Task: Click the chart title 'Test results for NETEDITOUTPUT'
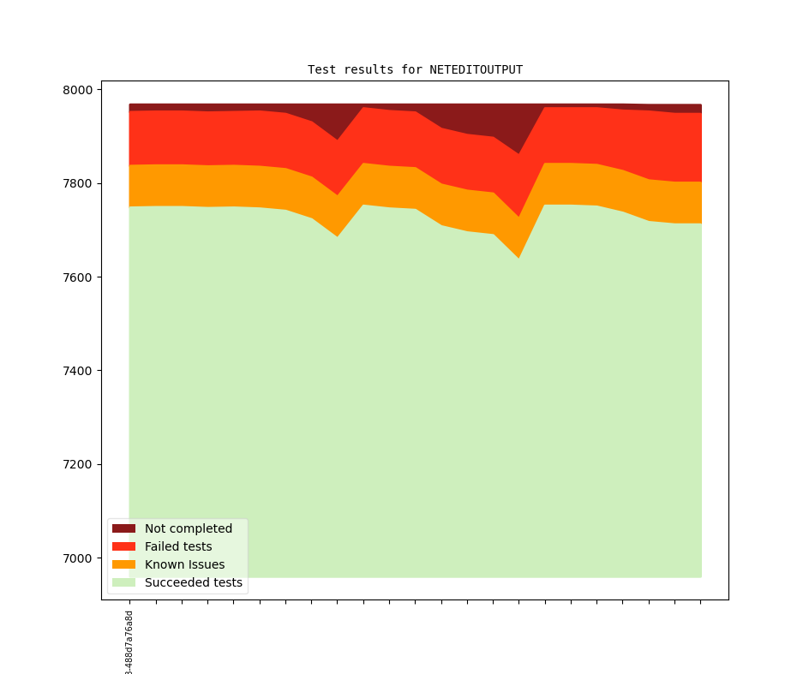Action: [x=415, y=69]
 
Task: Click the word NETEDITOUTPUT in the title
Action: [x=476, y=69]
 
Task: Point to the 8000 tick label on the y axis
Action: [x=80, y=90]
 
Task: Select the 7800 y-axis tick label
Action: [x=80, y=183]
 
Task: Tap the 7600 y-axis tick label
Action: [x=80, y=277]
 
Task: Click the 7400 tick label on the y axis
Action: [x=80, y=371]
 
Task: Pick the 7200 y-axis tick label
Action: [x=80, y=464]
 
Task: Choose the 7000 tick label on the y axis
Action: [x=80, y=558]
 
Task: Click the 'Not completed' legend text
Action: [x=188, y=528]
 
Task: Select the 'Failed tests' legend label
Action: [x=178, y=546]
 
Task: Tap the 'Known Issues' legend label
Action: [x=184, y=564]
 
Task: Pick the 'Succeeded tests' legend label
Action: [x=193, y=582]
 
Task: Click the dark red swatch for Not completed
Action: [x=123, y=528]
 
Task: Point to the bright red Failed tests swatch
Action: [x=123, y=546]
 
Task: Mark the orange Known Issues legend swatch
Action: [x=123, y=564]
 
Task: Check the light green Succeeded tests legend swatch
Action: [x=123, y=582]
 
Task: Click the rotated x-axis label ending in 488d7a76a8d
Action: [x=129, y=643]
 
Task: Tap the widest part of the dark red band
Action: [x=519, y=129]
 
